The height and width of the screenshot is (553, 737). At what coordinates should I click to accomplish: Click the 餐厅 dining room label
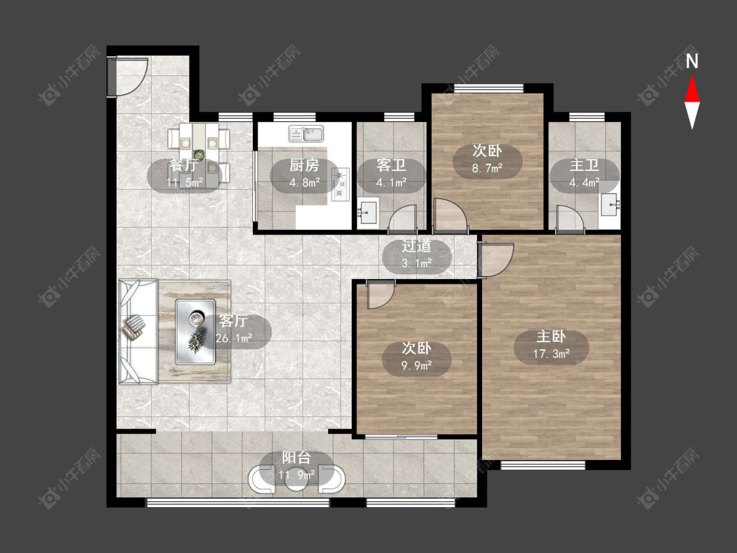pos(183,165)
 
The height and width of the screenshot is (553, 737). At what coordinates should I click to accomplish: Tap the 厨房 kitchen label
pos(304,165)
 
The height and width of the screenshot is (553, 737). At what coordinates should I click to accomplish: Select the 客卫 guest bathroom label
pos(391,165)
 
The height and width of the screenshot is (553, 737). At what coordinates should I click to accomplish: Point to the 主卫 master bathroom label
pos(584,165)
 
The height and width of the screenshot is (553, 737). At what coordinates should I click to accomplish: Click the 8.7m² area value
pos(487,168)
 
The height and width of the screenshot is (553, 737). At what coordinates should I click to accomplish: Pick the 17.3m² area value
pos(552,354)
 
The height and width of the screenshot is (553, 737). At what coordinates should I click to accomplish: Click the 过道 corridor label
pos(417,246)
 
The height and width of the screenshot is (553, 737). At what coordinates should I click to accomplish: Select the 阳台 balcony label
pos(297,457)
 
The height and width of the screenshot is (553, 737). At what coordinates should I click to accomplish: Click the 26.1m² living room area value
pos(234,337)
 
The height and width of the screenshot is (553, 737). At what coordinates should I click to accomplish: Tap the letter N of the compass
pos(692,62)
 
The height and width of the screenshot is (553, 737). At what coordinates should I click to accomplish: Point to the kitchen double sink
pos(306,134)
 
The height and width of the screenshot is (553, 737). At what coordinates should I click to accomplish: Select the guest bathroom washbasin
pos(368,214)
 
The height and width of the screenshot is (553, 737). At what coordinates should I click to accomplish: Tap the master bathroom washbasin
pos(611,204)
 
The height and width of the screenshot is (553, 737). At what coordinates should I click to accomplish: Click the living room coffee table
pos(195,332)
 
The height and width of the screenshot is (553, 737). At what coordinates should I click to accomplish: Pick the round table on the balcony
pos(297,480)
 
